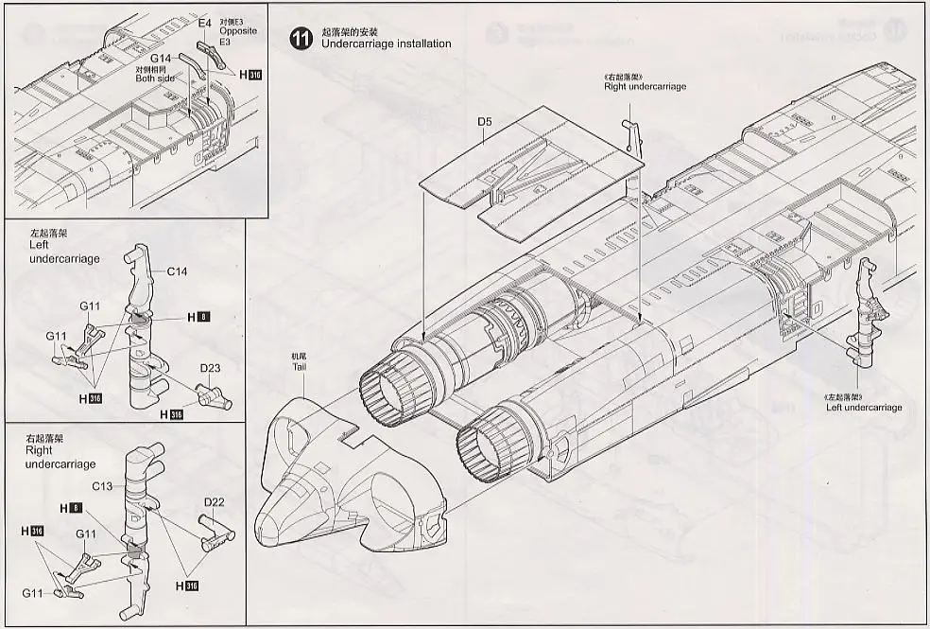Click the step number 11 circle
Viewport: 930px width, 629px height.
coord(301,39)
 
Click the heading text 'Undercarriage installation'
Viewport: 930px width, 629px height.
coord(386,44)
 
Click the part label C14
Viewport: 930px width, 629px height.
coord(178,272)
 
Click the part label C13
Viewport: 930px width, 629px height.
coord(103,487)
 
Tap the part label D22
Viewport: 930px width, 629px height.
coord(214,502)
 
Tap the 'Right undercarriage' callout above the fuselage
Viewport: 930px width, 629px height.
coord(645,87)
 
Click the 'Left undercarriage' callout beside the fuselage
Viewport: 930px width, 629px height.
coord(864,408)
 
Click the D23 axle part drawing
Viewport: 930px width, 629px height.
coord(211,395)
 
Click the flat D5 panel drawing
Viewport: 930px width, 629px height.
coord(534,170)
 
